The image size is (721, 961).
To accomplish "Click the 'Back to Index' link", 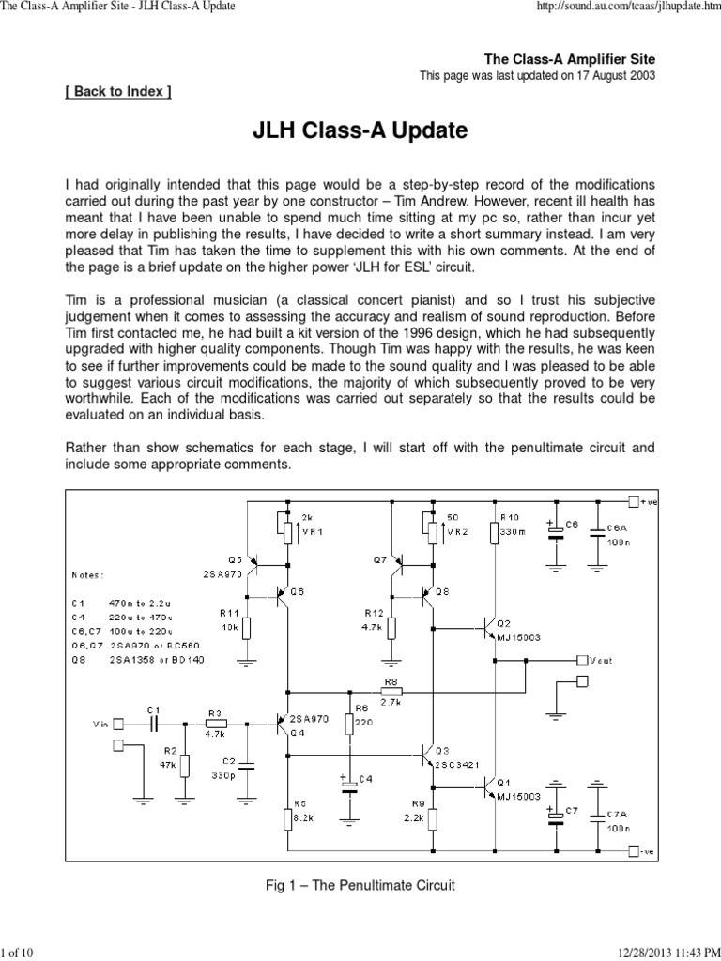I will click(118, 92).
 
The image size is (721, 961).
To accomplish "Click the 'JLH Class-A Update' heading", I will click(360, 130).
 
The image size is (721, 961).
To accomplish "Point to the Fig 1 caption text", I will click(360, 885).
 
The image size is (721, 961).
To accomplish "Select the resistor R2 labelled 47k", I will click(184, 765).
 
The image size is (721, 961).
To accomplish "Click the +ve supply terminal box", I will click(635, 501).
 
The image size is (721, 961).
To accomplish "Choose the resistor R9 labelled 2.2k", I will click(432, 817).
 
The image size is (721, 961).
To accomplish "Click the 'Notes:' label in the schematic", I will click(89, 574).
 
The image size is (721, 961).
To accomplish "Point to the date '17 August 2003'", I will click(609, 75).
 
